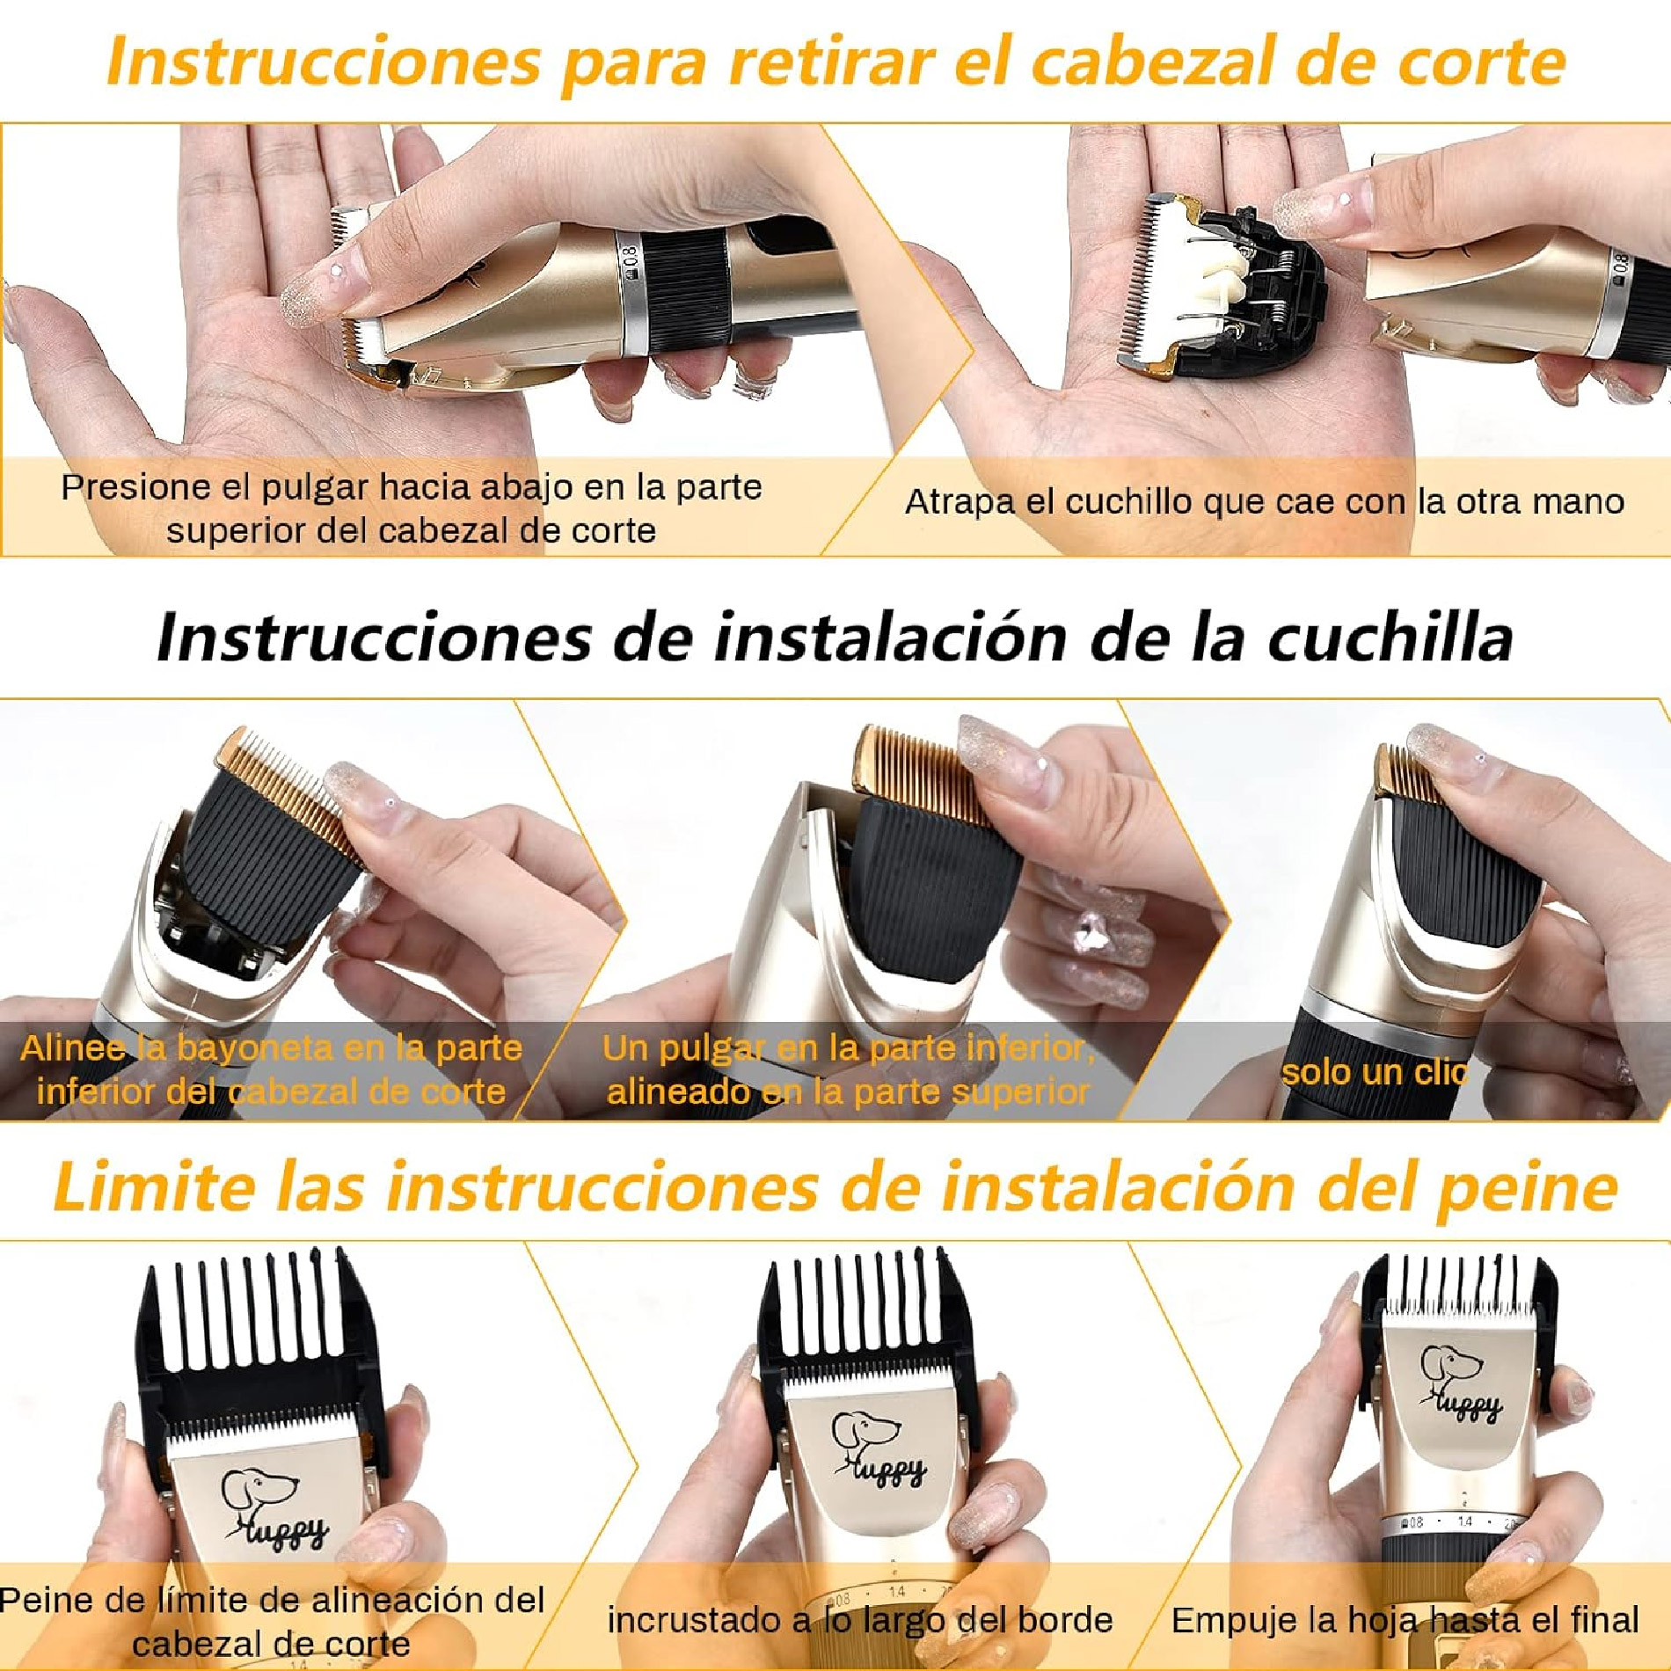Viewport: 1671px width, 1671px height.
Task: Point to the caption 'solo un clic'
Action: click(1375, 1072)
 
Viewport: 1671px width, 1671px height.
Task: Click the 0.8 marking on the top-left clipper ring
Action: click(630, 263)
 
